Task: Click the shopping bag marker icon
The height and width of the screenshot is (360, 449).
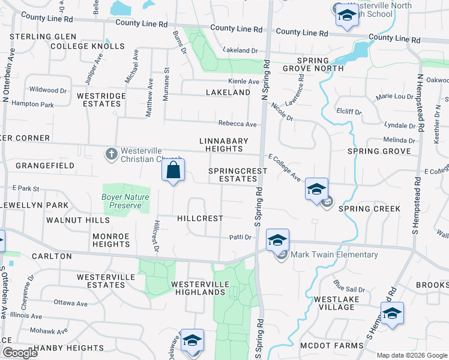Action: pyautogui.click(x=173, y=170)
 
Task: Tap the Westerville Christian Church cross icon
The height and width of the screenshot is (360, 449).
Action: pyautogui.click(x=111, y=154)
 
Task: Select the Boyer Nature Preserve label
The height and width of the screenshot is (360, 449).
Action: pyautogui.click(x=125, y=201)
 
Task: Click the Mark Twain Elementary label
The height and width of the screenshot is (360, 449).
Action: pyautogui.click(x=335, y=254)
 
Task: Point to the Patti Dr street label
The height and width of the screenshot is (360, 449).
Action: pyautogui.click(x=240, y=238)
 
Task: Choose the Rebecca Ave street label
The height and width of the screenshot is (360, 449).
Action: pyautogui.click(x=238, y=124)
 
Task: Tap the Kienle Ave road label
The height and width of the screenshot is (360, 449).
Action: pyautogui.click(x=244, y=82)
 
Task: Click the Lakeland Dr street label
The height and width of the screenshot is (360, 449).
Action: pyautogui.click(x=240, y=51)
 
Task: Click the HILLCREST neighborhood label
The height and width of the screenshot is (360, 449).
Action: pyautogui.click(x=200, y=219)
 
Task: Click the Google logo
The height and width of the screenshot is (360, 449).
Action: pyautogui.click(x=19, y=353)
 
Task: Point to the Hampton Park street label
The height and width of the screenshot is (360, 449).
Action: pyautogui.click(x=32, y=104)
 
